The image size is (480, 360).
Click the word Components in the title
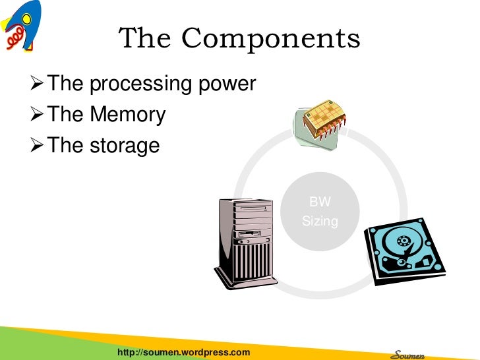(x=271, y=40)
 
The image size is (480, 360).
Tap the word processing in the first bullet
(x=134, y=85)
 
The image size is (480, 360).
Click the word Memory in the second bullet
(x=127, y=115)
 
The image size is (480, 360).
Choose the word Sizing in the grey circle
(x=320, y=222)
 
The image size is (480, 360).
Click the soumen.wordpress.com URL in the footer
(x=183, y=352)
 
